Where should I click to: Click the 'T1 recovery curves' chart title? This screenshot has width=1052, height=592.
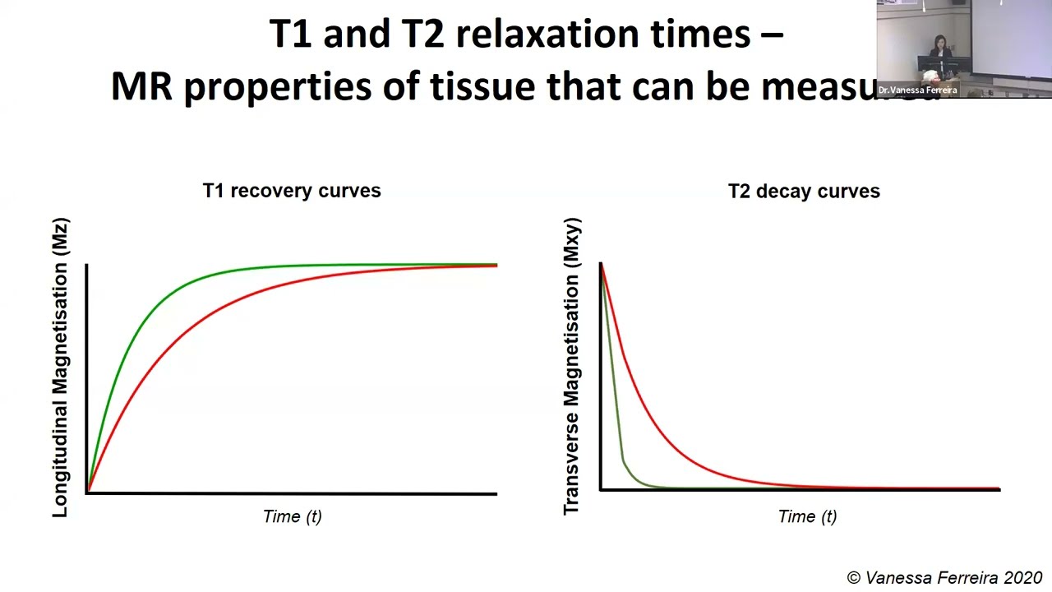tap(292, 191)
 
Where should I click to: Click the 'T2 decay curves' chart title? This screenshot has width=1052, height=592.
tap(804, 192)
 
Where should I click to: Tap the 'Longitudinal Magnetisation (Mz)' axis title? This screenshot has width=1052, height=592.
tap(61, 368)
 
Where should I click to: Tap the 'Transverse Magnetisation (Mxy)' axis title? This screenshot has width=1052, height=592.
tap(572, 367)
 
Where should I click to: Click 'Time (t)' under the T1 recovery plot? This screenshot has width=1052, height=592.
tap(293, 516)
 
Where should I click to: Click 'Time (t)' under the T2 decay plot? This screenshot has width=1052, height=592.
tap(807, 516)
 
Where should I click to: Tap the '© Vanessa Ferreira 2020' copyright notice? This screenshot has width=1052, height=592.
tap(944, 578)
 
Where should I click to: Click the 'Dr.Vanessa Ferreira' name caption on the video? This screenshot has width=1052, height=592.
tap(917, 90)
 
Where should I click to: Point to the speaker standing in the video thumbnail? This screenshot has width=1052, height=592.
tap(940, 54)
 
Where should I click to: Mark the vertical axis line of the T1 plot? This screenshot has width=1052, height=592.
tap(85, 378)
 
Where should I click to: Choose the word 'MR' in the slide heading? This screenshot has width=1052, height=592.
tap(141, 86)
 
